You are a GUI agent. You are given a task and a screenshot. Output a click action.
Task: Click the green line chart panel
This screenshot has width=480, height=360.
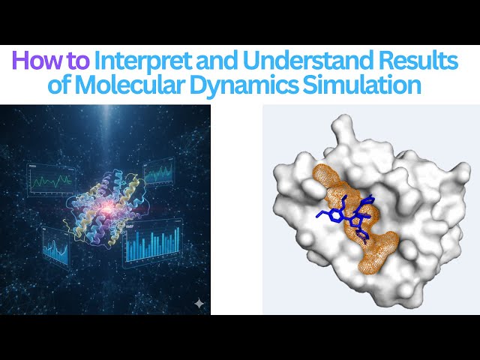coord(50,180)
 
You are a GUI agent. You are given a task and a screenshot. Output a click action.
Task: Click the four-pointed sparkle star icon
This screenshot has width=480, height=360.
coord(199,303)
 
